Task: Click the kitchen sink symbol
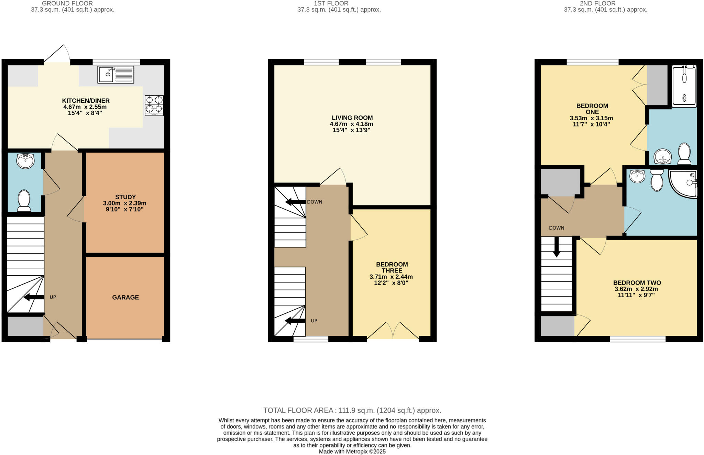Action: pos(116,75)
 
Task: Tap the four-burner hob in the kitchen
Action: pos(154,105)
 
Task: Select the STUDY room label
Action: pos(125,197)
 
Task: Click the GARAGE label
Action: pos(125,297)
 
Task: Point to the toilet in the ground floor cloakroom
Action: pos(24,201)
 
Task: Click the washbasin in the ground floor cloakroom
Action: pos(25,161)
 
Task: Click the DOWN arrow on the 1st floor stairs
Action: pos(295,202)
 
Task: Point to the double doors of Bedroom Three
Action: pos(393,331)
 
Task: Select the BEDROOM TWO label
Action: pos(637,283)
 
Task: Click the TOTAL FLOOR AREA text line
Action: pos(352,410)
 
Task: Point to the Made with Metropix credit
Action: pos(352,452)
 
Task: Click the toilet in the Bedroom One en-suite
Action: pos(684,154)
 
